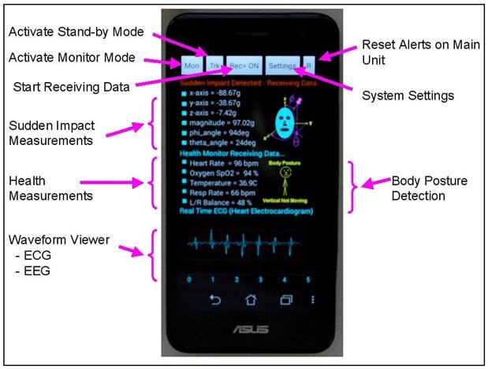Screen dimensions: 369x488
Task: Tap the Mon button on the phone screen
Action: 191,65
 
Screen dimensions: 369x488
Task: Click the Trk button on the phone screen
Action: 214,65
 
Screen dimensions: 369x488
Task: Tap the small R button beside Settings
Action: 308,65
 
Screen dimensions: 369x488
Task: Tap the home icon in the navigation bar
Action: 251,300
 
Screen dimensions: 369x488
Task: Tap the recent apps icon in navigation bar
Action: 285,300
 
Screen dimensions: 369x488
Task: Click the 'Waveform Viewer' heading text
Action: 61,239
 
